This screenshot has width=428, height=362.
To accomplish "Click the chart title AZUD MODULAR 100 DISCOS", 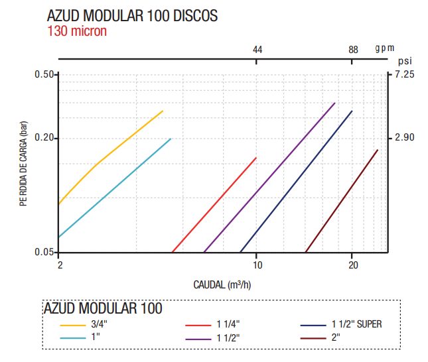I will click(x=132, y=16).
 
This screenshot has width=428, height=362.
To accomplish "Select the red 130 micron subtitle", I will click(x=77, y=30).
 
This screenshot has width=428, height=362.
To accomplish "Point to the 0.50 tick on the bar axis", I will click(x=43, y=74).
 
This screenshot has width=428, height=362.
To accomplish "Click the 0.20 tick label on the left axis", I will click(x=43, y=138).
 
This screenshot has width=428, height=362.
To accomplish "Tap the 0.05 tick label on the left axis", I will click(x=43, y=253).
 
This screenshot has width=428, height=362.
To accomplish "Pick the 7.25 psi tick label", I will click(x=404, y=74).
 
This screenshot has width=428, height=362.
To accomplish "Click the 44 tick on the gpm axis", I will click(x=258, y=50).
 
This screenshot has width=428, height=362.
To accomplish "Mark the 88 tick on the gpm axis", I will click(x=353, y=50).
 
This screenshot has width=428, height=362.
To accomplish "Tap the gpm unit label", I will click(x=384, y=48).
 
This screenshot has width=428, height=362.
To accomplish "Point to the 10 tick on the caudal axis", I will click(x=257, y=265).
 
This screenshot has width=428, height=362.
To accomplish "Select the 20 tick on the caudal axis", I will click(x=353, y=265).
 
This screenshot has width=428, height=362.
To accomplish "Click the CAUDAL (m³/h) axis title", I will click(x=222, y=285).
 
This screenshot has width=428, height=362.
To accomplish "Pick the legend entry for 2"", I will click(x=335, y=337).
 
